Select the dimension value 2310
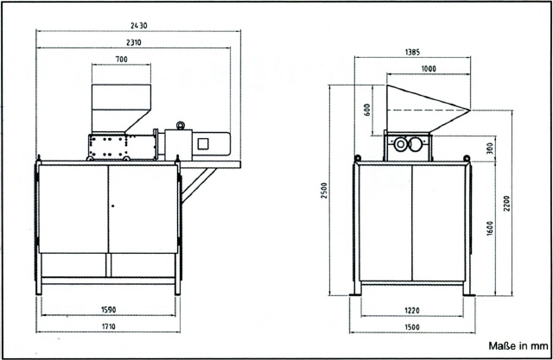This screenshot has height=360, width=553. click(133, 41)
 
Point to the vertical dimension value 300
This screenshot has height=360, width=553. click(490, 149)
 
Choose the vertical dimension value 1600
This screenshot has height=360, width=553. click(490, 230)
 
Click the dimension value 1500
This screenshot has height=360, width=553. click(411, 325)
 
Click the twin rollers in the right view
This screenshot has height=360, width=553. click(411, 146)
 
